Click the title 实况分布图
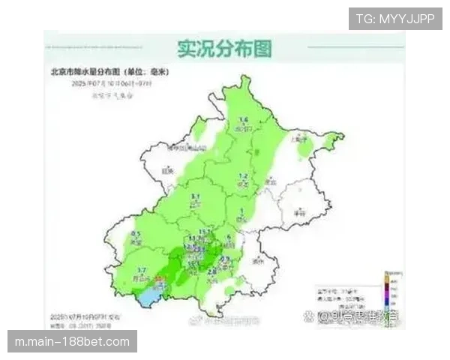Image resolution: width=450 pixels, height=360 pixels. click(x=224, y=49)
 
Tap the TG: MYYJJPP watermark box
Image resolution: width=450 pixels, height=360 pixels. click(x=394, y=19)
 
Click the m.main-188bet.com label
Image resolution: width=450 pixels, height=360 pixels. click(x=72, y=342)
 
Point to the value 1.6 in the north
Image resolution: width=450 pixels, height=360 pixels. click(x=243, y=120)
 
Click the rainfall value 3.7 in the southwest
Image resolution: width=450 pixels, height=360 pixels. click(x=142, y=270)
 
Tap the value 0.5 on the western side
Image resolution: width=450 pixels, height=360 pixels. click(x=136, y=235)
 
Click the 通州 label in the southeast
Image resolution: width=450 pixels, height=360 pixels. click(x=259, y=262)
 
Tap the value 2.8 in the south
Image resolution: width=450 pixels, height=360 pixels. click(x=212, y=271)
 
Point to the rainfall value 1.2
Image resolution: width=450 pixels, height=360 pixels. click(x=243, y=177)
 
